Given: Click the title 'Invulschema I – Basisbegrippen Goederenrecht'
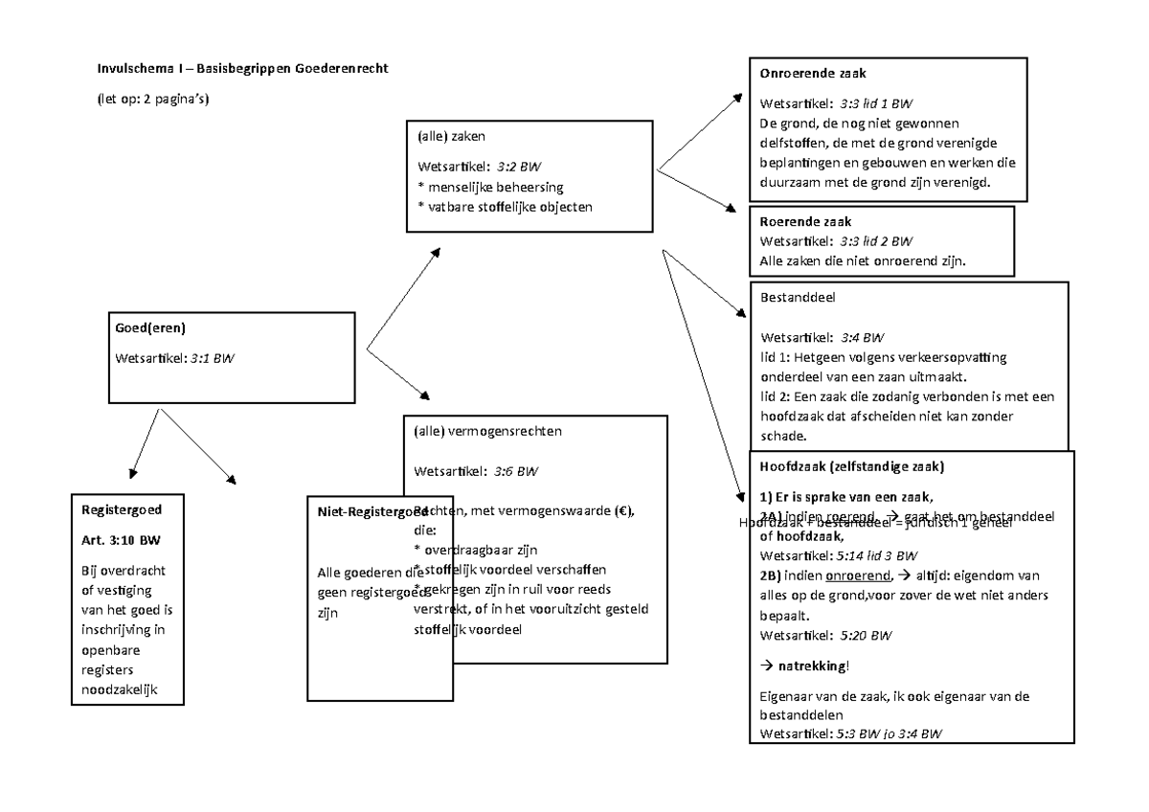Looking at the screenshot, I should click(x=242, y=69).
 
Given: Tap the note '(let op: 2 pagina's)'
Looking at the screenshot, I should click(x=152, y=99).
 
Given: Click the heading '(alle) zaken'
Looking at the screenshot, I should click(x=451, y=136).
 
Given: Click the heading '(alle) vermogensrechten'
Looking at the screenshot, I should click(x=487, y=431).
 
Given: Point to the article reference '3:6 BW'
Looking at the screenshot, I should click(x=516, y=471).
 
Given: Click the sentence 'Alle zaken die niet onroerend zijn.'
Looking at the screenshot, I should click(x=863, y=260).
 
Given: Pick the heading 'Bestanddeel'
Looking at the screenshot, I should click(x=797, y=298).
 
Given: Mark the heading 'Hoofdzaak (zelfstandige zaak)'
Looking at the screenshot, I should click(x=851, y=467).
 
